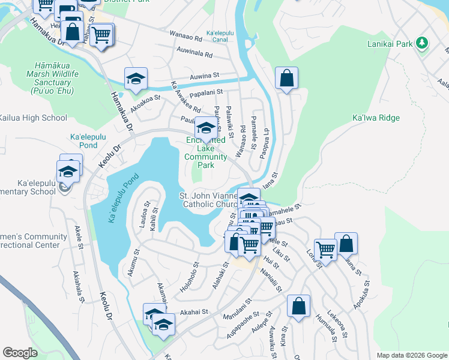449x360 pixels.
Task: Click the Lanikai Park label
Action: [x=390, y=44]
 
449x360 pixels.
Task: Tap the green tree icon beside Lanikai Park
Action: [x=423, y=43]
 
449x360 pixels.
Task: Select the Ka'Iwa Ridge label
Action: [x=376, y=118]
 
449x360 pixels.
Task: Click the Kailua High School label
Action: [x=33, y=118]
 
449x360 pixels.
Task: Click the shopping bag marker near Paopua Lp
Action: [x=287, y=78]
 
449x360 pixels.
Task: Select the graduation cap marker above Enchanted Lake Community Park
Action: [x=206, y=128]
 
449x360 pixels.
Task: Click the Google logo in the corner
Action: [x=20, y=352]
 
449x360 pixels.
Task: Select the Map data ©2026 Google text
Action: [x=411, y=355]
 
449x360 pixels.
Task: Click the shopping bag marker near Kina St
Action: [x=298, y=306]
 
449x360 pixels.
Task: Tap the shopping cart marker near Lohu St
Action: [x=325, y=249]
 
